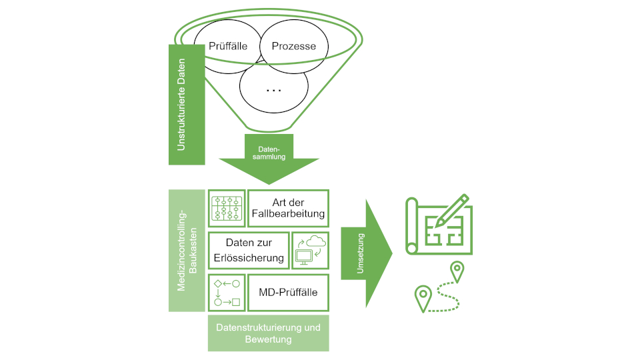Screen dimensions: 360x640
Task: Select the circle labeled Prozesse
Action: point(293,47)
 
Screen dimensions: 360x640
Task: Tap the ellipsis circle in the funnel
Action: point(273,89)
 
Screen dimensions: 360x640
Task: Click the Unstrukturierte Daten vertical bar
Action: point(187,103)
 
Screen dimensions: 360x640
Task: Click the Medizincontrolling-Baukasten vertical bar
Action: point(187,250)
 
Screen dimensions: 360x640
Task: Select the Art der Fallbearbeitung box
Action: point(288,208)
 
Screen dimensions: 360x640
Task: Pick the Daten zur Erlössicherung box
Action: point(249,250)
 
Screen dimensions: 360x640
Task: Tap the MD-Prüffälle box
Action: point(288,292)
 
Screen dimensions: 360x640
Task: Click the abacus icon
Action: point(227,208)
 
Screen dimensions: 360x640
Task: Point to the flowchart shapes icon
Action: point(227,292)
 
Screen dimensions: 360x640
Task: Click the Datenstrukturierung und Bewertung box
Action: point(269,333)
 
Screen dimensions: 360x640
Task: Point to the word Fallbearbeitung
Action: point(288,215)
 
